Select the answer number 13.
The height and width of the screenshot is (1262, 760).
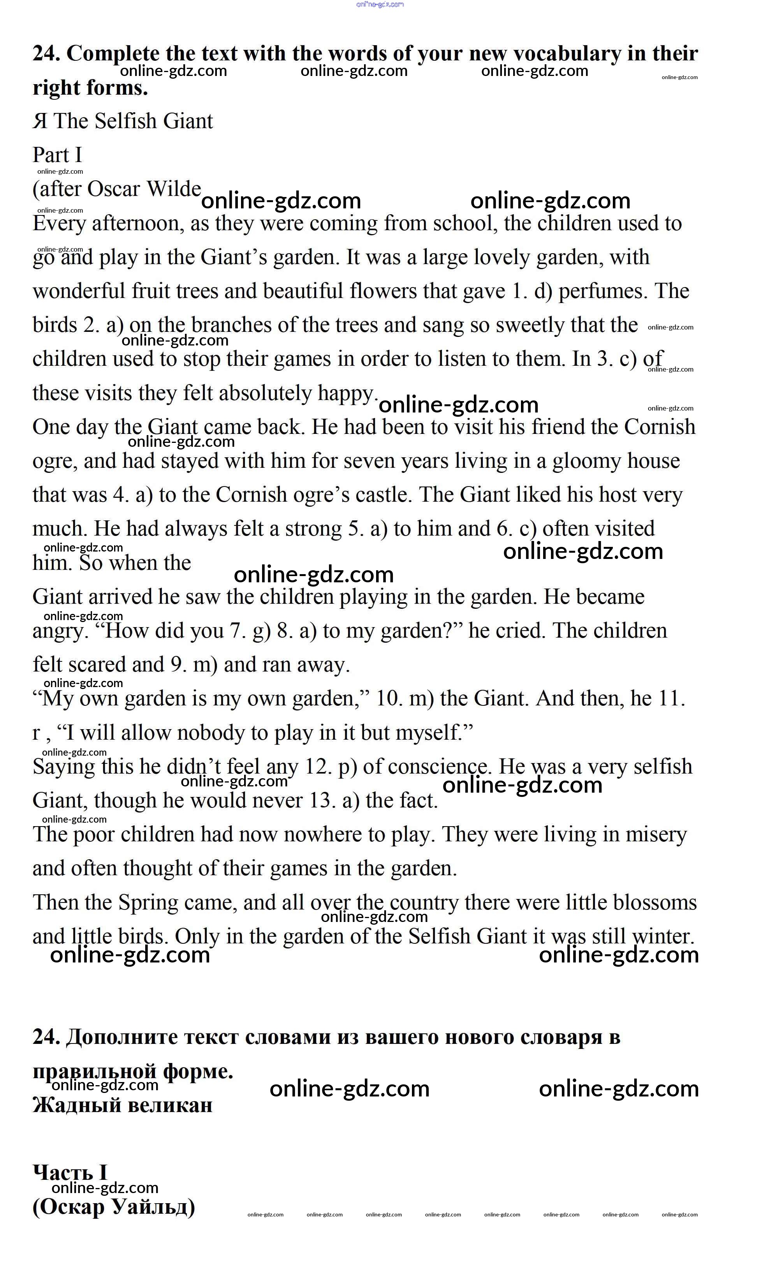pyautogui.click(x=322, y=800)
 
